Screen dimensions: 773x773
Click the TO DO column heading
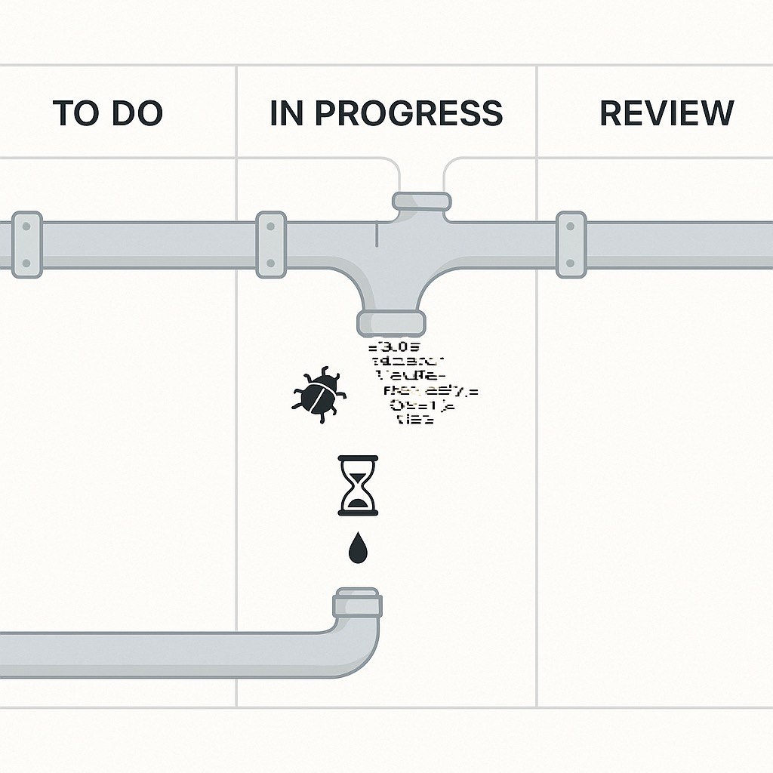[x=107, y=113]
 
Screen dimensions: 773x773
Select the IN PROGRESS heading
[x=386, y=113]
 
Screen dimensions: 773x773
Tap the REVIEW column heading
[x=667, y=113]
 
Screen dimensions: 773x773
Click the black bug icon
[x=320, y=394]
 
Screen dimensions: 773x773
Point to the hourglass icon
[x=359, y=485]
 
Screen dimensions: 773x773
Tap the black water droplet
[x=359, y=549]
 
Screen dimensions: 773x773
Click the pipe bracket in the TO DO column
[x=26, y=244]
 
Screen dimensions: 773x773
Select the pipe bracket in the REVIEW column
[x=571, y=244]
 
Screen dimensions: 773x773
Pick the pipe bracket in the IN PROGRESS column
[x=271, y=244]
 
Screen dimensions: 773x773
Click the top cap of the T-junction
[x=421, y=202]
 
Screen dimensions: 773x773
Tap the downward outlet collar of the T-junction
[x=390, y=322]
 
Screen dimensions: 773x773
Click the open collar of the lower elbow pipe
[x=358, y=604]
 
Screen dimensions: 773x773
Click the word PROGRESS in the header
[x=408, y=113]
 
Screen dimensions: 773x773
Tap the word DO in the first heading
[x=136, y=113]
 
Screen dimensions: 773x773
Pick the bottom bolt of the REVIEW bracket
[x=571, y=263]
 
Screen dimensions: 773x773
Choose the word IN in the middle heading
[x=286, y=113]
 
